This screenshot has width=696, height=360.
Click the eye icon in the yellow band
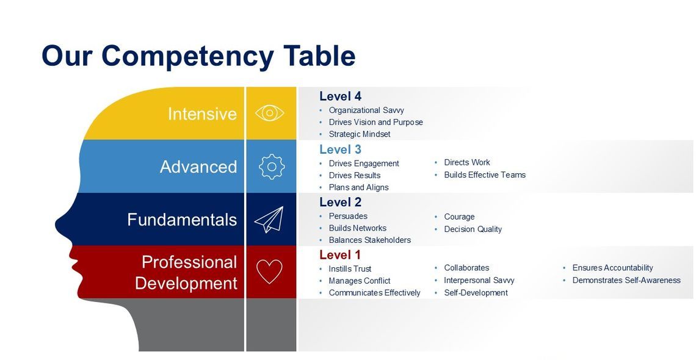point(270,113)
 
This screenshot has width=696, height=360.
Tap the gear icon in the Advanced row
point(272,167)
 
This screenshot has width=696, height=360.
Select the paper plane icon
point(269,220)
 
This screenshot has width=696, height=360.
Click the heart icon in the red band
point(269,272)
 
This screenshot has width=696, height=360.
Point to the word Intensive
point(202,114)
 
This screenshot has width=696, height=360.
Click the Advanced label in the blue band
point(198,167)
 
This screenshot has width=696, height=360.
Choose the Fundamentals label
point(182,220)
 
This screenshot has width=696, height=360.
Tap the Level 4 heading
point(340,96)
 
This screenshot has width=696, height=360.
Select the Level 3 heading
point(340,149)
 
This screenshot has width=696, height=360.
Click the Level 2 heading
point(340,203)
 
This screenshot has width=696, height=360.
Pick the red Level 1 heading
point(340,255)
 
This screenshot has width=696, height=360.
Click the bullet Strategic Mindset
point(359,134)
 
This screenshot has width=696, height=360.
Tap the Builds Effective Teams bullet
point(484,175)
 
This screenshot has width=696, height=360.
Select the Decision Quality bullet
point(473,229)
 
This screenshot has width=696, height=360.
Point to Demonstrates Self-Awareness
point(626,281)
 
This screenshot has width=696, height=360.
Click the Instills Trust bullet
point(350,269)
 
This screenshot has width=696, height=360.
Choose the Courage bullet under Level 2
point(459,217)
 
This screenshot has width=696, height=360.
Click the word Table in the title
point(319,56)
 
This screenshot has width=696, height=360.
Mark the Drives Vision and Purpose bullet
point(375,122)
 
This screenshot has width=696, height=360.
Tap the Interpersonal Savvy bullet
point(479,281)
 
